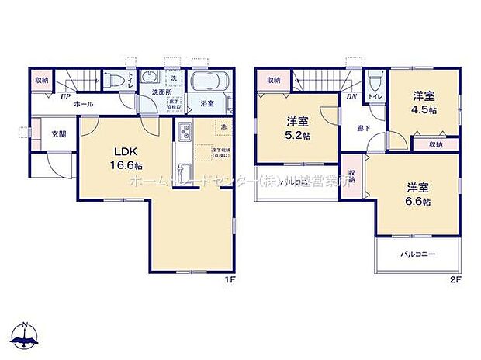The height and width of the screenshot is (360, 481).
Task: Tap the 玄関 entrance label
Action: point(59,133)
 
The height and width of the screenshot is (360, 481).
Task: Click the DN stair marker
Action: point(351,98)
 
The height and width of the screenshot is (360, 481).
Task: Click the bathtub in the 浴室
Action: point(209,83)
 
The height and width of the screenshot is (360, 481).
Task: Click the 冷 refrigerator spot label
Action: point(222,127)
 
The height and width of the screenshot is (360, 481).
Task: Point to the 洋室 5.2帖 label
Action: point(296,127)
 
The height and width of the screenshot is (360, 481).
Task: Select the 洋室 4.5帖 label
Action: point(423,102)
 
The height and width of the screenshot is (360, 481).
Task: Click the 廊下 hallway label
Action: point(363,127)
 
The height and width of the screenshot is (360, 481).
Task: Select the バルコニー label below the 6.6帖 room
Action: point(417,254)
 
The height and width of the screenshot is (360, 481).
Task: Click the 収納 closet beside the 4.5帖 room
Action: point(434,144)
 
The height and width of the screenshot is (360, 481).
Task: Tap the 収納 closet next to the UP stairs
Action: point(41,80)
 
